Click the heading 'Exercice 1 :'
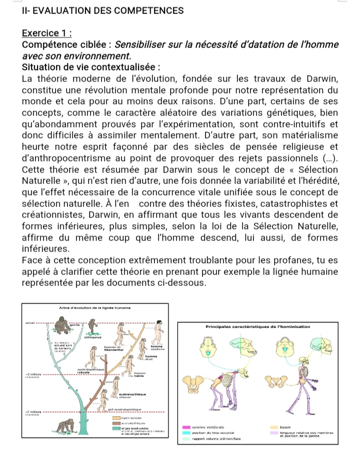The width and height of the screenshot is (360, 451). (46, 33)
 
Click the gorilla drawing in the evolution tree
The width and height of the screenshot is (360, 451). (63, 327)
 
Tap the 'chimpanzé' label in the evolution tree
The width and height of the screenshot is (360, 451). (91, 337)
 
